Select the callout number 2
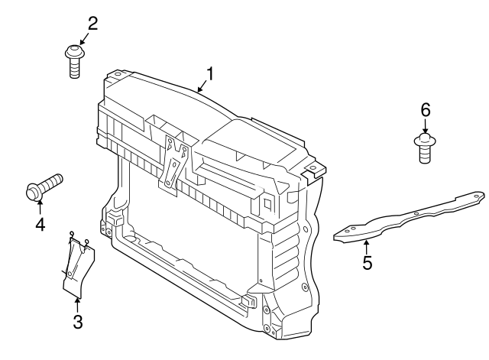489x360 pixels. coord(92,23)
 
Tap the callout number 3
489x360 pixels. coord(77,321)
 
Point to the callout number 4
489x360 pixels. coord(39,224)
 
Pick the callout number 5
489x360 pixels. coord(368,264)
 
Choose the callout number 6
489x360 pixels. coord(425,109)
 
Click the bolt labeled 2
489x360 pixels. coord(75,60)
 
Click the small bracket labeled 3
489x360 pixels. coord(76,266)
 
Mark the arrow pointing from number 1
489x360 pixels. coord(200,87)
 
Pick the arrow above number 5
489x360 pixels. coord(367,246)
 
